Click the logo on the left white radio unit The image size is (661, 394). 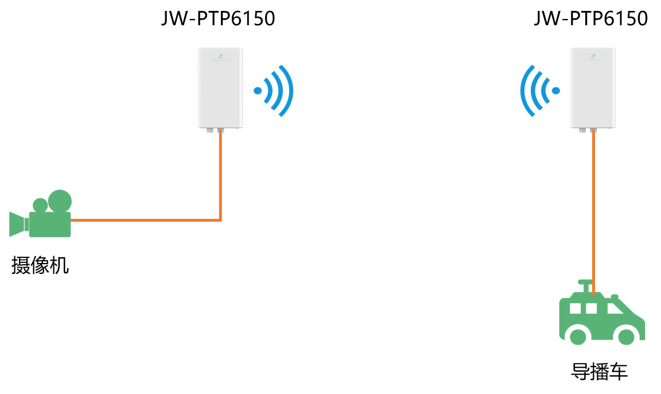coord(220,57)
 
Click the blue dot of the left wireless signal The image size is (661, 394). coord(258,91)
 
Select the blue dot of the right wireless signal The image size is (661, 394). coord(555,91)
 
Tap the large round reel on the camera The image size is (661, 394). coord(60,201)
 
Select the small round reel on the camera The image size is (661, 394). coord(40,205)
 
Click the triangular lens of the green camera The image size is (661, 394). coord(17,224)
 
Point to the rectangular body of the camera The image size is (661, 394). coord(50,225)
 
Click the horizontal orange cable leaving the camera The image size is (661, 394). coord(143,220)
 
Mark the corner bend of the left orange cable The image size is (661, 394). coord(220,219)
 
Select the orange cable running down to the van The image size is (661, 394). coord(593,213)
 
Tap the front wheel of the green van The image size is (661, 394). coord(626,337)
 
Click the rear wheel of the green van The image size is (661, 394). coord(578,337)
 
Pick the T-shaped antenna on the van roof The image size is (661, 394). coord(585,285)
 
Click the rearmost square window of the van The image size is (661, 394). coord(575,309)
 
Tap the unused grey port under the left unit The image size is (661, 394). coord(209,131)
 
